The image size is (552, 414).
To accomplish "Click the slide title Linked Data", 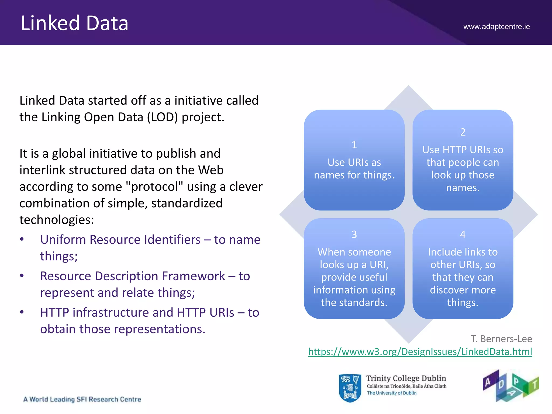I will coord(74,23).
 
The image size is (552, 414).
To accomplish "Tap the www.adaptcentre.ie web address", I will coord(496,27).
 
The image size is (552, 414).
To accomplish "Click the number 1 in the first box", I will coord(354,145).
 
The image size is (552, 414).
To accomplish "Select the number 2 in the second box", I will coord(463,132).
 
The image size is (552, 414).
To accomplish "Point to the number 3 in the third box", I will coord(354,234).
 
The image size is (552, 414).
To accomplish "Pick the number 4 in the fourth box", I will coord(463,234).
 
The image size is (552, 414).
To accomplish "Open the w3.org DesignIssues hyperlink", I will coord(420,352).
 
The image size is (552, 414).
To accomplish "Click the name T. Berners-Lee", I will coord(501,339).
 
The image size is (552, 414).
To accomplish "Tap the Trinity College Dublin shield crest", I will coord(350,388).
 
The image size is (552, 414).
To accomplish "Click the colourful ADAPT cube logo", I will coord(510,386).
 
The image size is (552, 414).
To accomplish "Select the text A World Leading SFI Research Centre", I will coord(82,399).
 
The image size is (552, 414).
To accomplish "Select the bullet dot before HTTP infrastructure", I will coord(22,312).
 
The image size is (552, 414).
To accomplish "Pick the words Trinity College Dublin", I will coord(406,378).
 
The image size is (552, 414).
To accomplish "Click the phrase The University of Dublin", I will coord(392,393).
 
